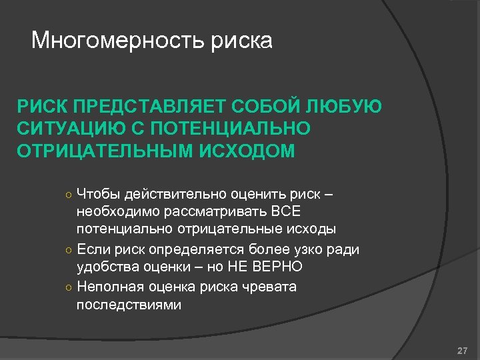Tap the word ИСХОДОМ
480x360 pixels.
click(254, 151)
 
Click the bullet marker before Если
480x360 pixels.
click(69, 251)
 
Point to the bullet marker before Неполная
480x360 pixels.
click(69, 288)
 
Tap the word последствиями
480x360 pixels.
click(129, 305)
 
